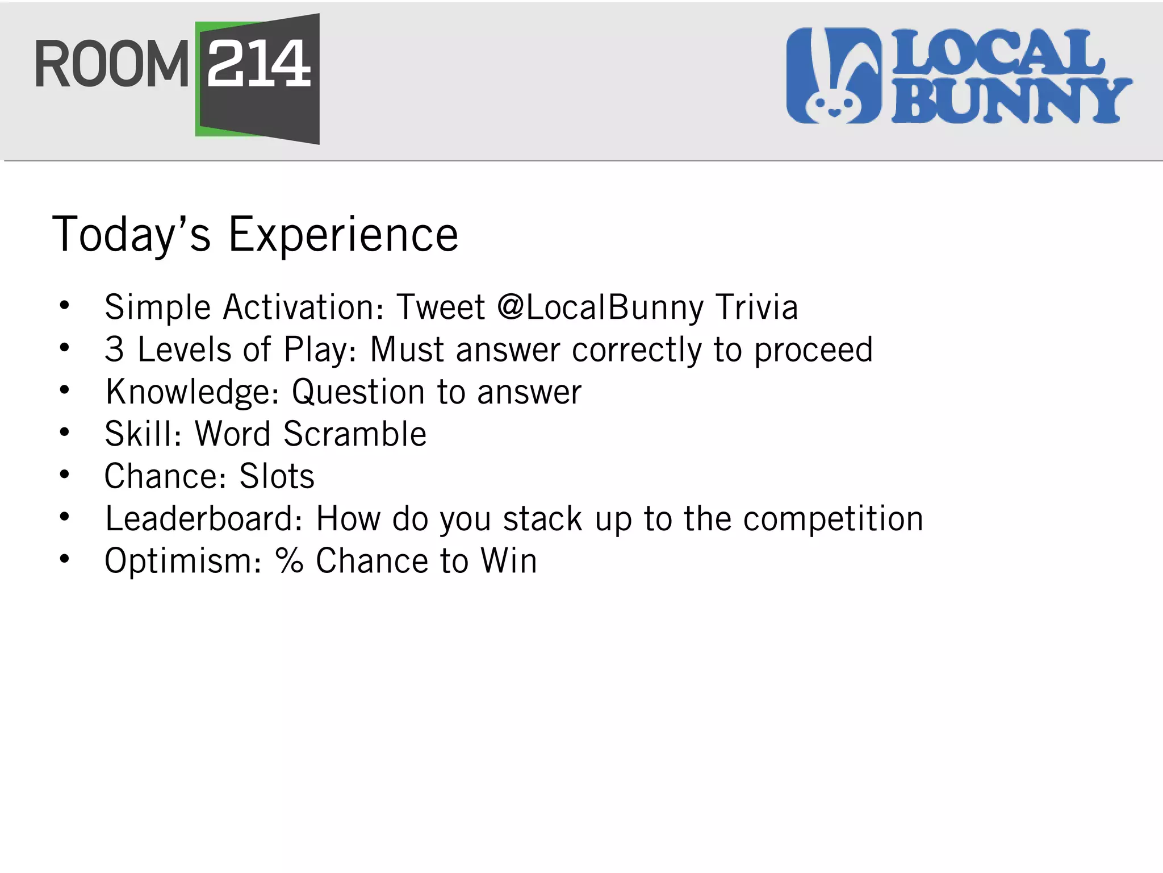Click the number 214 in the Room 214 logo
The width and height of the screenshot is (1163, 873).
pos(259,64)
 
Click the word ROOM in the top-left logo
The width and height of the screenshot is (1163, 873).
pos(111,65)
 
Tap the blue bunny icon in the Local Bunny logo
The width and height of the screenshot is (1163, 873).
pos(834,76)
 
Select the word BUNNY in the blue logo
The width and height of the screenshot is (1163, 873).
pos(1011,101)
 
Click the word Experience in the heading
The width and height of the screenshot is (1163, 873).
pos(343,234)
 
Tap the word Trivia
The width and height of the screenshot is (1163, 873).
pos(756,307)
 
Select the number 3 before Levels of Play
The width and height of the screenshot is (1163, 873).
pos(114,349)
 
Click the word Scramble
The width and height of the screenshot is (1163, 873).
pos(355,434)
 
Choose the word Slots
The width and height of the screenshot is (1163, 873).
pos(277,476)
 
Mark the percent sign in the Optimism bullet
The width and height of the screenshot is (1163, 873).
pos(290,561)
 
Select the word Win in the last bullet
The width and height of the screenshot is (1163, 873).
pos(508,561)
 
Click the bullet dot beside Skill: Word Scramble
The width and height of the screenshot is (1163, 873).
pos(65,433)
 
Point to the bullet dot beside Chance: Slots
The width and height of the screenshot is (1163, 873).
pos(65,475)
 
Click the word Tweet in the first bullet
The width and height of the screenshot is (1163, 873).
pos(441,307)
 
